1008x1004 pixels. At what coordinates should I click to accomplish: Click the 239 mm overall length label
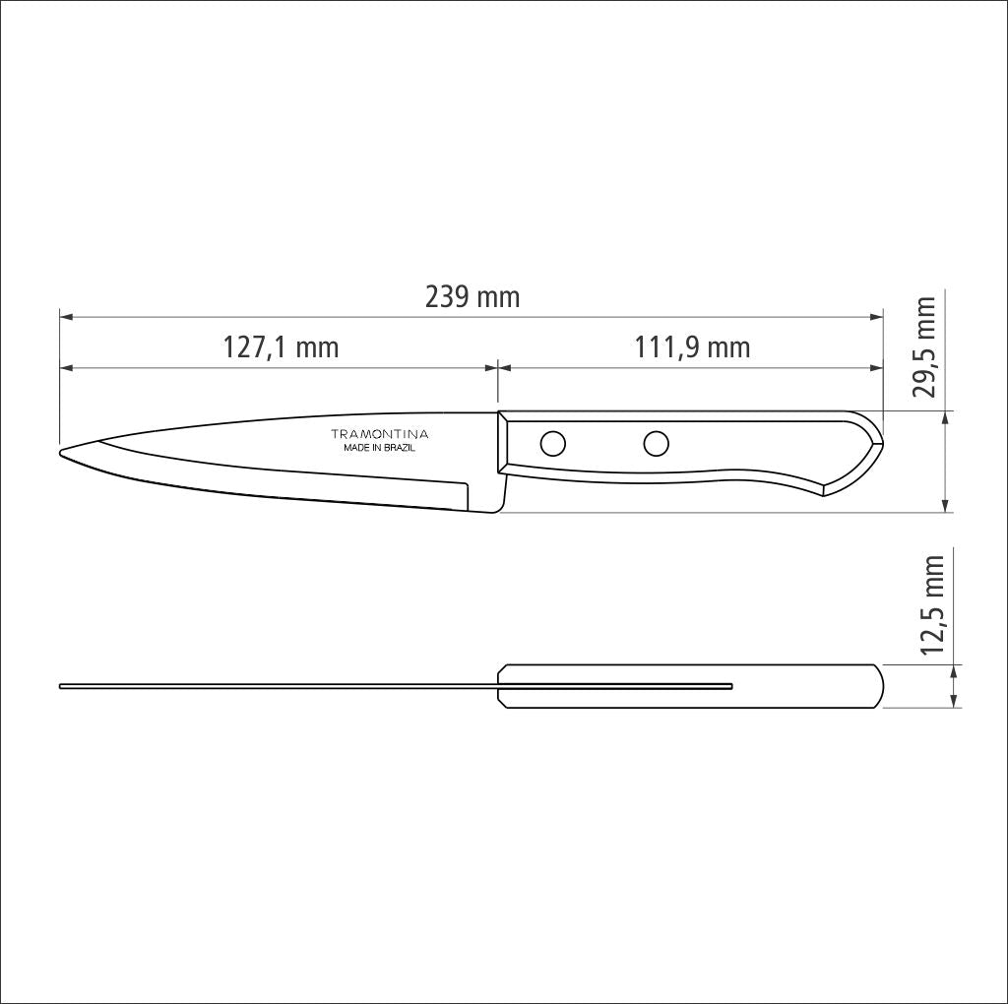pos(472,296)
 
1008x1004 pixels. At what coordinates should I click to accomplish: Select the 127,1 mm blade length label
pos(281,347)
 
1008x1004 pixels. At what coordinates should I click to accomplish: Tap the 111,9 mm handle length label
pos(691,347)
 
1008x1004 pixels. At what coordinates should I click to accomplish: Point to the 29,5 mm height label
pos(923,347)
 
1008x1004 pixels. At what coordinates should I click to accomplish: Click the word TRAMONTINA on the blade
pos(379,434)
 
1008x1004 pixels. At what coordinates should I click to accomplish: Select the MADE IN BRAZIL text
pos(379,448)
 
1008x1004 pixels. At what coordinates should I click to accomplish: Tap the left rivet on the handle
pos(553,445)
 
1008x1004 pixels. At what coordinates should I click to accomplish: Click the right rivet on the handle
pos(656,445)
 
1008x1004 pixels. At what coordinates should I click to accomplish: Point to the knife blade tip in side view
pos(63,452)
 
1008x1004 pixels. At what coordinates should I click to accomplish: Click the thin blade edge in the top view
pos(276,686)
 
